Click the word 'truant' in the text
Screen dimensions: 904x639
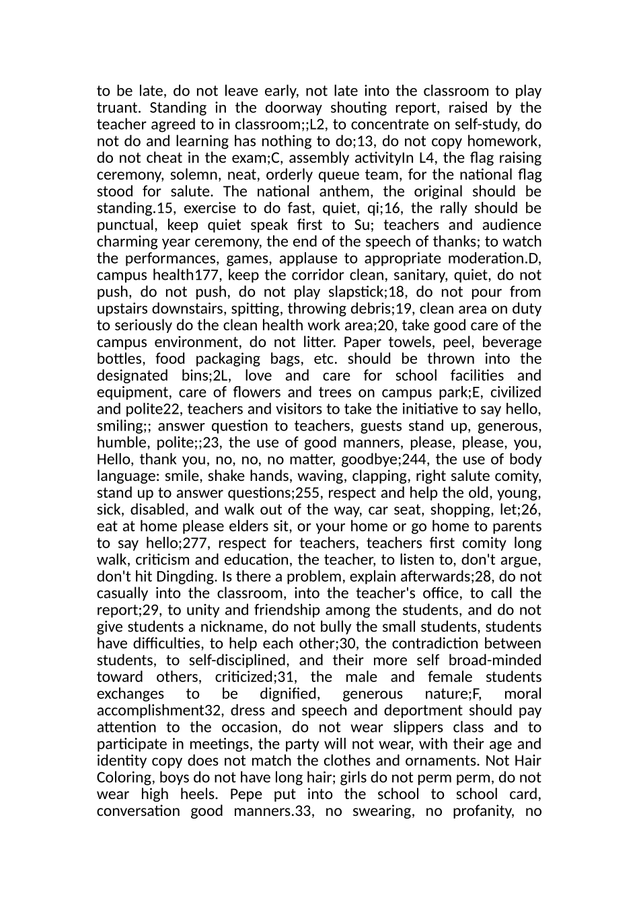(x=117, y=108)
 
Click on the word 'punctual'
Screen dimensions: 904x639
(x=125, y=225)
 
